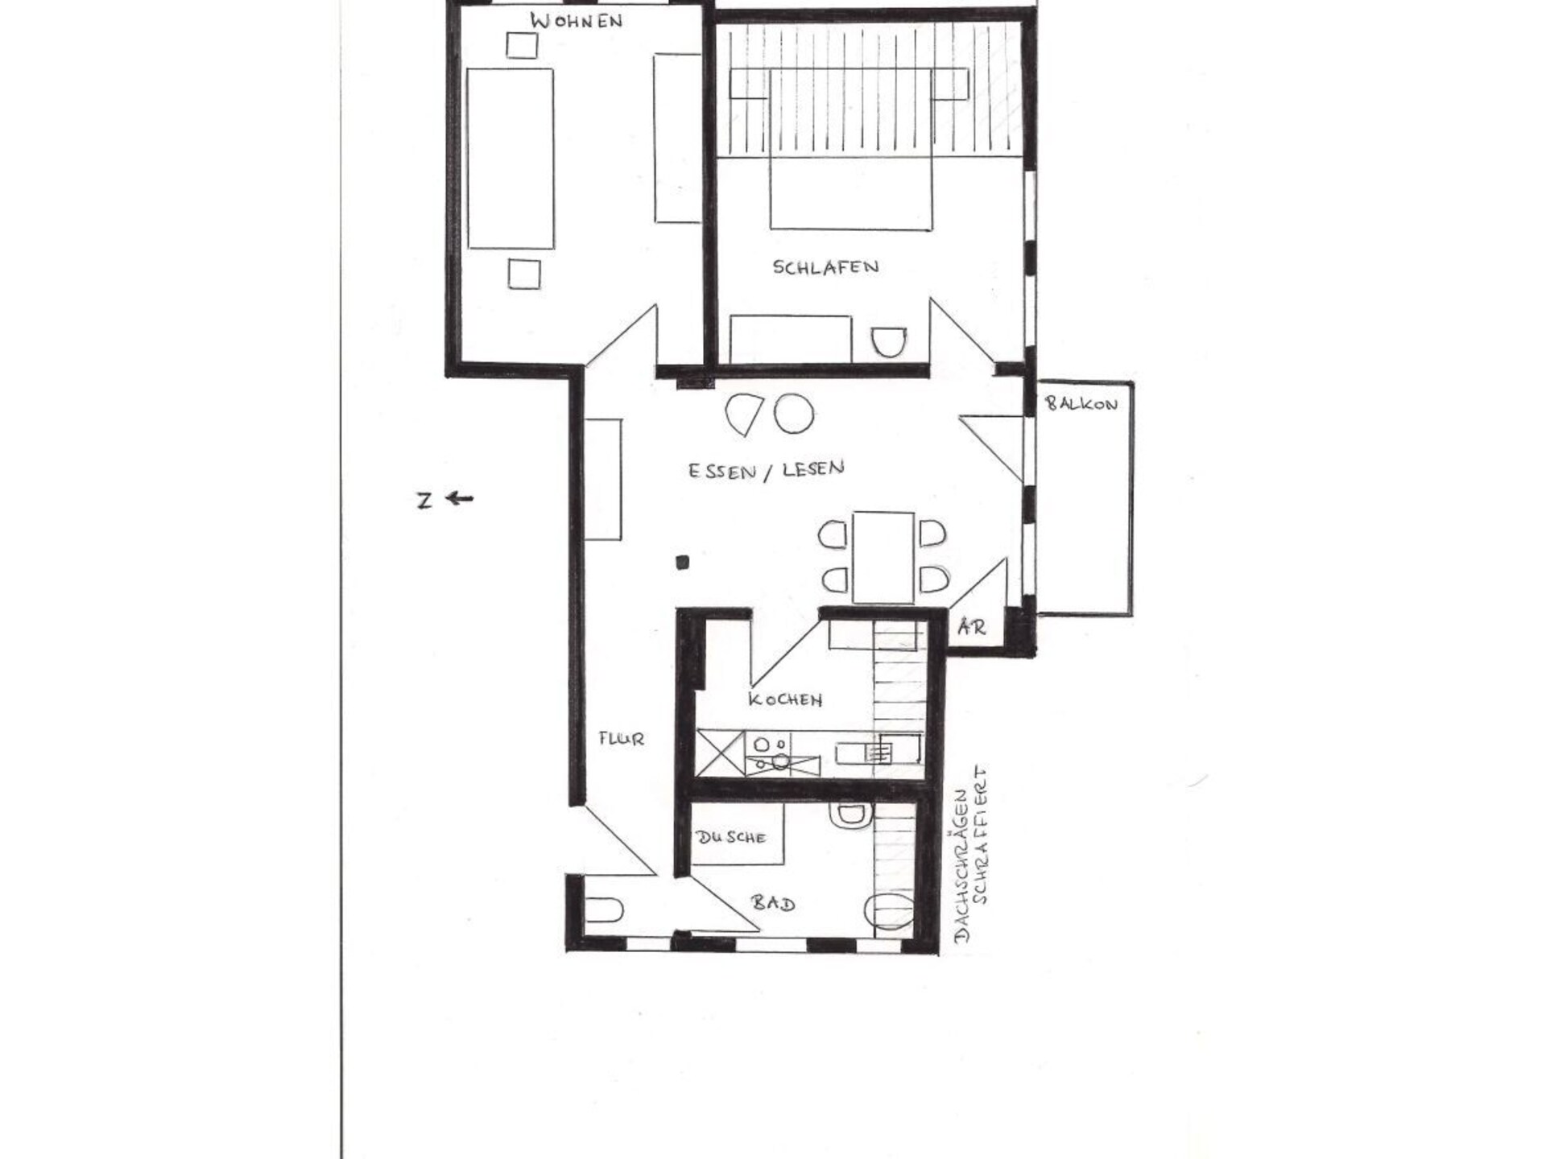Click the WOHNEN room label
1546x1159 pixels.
[x=577, y=21]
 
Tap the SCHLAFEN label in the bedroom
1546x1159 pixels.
[x=825, y=267]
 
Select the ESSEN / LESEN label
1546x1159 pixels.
[x=766, y=470]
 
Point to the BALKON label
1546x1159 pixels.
[x=1081, y=403]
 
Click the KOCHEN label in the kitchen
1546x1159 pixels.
[x=785, y=699]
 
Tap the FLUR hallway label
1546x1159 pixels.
[x=621, y=738]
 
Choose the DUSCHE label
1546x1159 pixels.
[x=731, y=838]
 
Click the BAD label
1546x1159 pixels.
[x=773, y=903]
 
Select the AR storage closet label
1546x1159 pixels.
[x=972, y=626]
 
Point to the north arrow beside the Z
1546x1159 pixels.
[x=460, y=499]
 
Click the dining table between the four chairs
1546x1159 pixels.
[x=883, y=557]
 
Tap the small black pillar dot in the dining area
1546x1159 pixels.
[x=682, y=563]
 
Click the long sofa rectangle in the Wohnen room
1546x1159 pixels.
[x=511, y=159]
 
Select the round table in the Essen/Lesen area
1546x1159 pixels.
[x=794, y=414]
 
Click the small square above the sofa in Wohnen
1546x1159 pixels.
[x=522, y=45]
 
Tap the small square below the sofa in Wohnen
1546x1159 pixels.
[x=524, y=274]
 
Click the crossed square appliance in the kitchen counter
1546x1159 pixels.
[x=720, y=753]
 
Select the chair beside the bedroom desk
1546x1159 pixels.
[x=889, y=342]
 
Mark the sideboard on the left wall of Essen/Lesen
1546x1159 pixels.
[x=603, y=479]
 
